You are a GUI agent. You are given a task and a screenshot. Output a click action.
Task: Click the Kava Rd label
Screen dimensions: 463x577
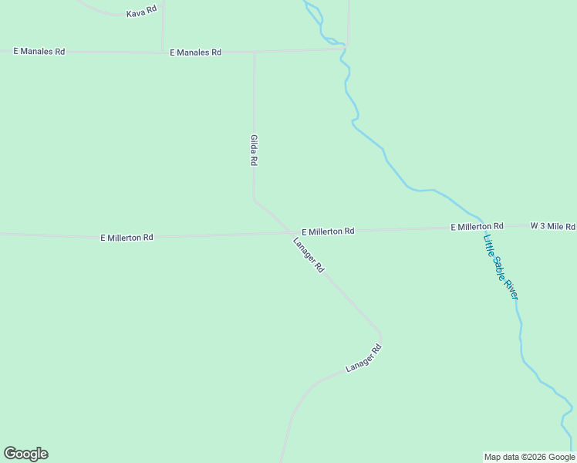[x=141, y=13]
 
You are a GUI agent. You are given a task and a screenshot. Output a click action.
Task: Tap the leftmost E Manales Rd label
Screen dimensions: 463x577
[x=39, y=51]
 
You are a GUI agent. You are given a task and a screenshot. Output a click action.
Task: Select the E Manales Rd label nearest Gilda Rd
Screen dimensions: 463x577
[x=195, y=52]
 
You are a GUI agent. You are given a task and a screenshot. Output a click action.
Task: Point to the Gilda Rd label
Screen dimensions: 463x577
[x=253, y=150]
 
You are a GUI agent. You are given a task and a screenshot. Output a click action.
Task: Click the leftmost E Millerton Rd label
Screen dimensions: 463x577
[x=127, y=238]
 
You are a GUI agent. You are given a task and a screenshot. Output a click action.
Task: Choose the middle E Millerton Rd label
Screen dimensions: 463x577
[x=328, y=231]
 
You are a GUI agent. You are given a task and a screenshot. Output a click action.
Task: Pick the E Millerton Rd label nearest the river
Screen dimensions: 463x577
[x=477, y=226]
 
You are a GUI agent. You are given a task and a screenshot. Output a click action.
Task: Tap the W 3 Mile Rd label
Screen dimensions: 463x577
[x=552, y=226]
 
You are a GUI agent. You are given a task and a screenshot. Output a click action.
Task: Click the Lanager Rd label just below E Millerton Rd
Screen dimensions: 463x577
[x=309, y=255]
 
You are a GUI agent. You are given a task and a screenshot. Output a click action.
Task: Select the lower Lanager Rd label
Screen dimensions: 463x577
[x=363, y=359]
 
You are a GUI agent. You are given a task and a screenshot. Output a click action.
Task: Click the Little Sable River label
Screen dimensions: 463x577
[x=501, y=265]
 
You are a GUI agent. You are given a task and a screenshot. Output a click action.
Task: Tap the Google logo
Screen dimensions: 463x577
[x=25, y=454]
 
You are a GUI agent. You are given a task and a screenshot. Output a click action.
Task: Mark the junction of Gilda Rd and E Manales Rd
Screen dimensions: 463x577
[x=255, y=52]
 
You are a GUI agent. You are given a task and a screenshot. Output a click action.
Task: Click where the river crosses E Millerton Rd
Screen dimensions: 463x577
[x=484, y=227]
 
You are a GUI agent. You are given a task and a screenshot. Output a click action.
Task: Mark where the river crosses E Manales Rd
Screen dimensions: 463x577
[x=343, y=49]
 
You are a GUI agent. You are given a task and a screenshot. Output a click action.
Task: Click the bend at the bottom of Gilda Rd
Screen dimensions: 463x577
[x=255, y=201]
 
